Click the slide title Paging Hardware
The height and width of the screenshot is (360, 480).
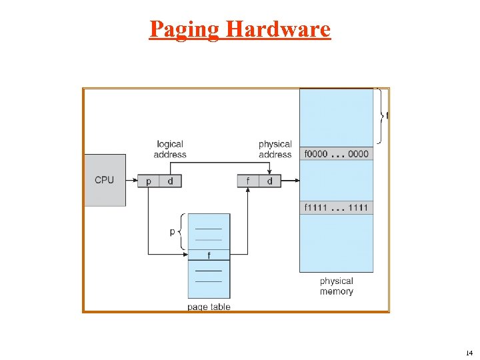[240, 29]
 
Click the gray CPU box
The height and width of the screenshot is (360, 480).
[105, 180]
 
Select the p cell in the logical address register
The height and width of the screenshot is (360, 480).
[148, 181]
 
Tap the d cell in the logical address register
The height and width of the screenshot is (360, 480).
[170, 181]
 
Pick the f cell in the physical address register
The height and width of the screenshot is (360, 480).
[248, 181]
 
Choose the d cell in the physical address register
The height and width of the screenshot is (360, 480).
[269, 181]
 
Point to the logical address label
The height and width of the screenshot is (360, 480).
[169, 149]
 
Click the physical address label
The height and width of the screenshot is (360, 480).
[275, 149]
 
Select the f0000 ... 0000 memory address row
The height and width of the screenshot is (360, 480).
[336, 154]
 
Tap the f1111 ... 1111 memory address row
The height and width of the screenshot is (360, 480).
[336, 208]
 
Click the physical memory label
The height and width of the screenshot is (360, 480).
[336, 287]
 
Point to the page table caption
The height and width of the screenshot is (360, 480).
[209, 307]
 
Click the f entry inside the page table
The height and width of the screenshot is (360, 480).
[209, 255]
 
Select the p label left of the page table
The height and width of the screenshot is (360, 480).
[173, 231]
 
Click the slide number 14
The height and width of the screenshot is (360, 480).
[469, 353]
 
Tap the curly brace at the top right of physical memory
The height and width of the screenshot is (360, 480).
[381, 115]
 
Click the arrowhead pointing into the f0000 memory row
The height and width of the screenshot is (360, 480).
[296, 181]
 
